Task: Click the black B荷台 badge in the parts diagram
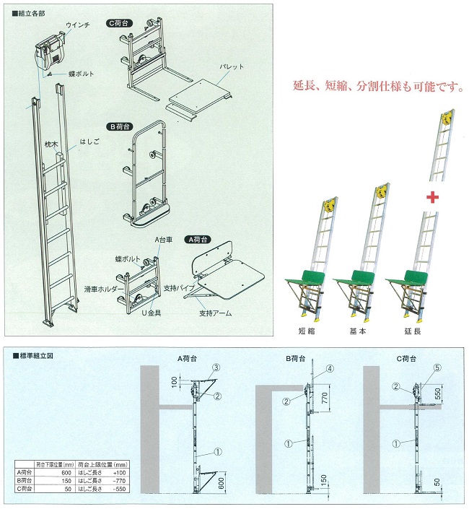coord(120,126)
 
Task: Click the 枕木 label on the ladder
coord(50,144)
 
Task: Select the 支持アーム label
coord(214,315)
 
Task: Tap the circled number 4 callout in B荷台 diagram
coord(330,368)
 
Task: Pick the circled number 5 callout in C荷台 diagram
coord(436,367)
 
